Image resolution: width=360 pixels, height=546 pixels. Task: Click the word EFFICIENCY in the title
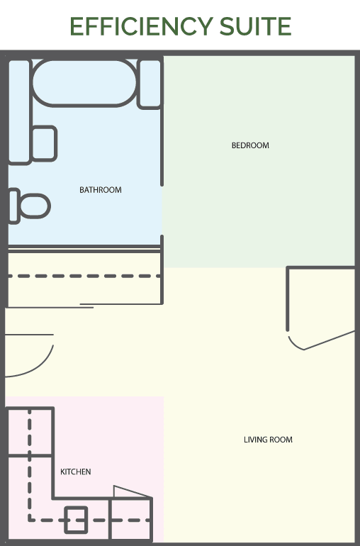coord(141,26)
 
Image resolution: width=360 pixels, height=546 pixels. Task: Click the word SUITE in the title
coord(256,26)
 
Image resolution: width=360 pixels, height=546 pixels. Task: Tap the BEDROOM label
coord(250,145)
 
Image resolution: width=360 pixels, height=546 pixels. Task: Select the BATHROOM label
coord(101,190)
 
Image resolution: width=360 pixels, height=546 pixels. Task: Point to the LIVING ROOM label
coord(268,440)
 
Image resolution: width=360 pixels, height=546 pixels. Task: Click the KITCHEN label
coord(76,472)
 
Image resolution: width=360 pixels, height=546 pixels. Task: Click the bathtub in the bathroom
coord(84,83)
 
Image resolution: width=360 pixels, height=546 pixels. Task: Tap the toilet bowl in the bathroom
coord(35,206)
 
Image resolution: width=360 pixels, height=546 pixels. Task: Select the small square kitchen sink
coord(76,520)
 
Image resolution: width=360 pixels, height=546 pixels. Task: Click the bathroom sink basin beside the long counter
coord(44,143)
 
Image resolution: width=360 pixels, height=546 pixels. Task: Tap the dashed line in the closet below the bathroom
coord(84,276)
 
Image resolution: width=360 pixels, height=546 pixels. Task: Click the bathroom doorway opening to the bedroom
coord(162,211)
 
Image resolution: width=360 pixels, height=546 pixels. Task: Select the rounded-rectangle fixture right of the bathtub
coord(150,84)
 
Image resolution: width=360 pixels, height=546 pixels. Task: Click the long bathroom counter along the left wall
coord(20,112)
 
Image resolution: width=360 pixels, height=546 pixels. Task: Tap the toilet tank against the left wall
coord(14,206)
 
